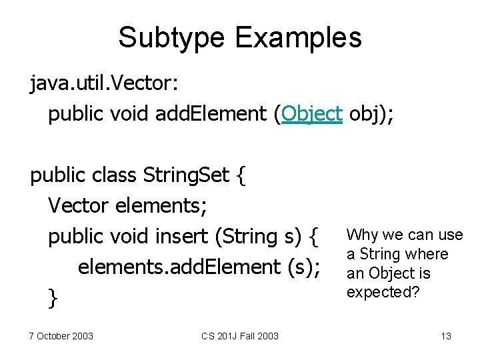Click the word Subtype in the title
click(169, 37)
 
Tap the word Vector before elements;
click(79, 206)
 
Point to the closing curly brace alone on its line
click(53, 298)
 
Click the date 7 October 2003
click(61, 335)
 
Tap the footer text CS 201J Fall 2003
click(240, 335)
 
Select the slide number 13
click(446, 335)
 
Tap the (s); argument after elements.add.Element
click(303, 267)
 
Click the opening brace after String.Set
click(241, 175)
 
